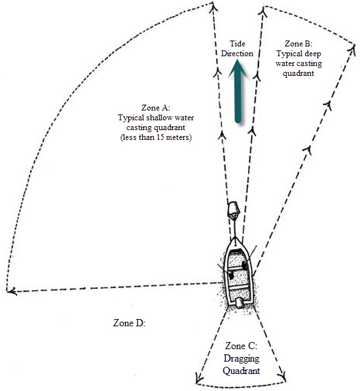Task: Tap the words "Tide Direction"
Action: click(x=236, y=48)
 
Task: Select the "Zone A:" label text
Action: click(x=156, y=107)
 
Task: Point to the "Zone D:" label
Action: click(x=129, y=323)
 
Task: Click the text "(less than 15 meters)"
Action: click(x=155, y=139)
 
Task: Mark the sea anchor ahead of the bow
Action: click(x=232, y=211)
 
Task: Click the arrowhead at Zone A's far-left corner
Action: click(x=9, y=290)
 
